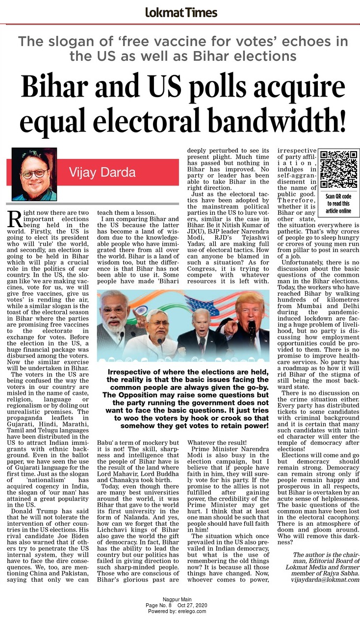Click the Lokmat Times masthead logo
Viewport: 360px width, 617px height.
pyautogui.click(x=181, y=12)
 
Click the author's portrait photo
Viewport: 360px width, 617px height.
pyautogui.click(x=34, y=174)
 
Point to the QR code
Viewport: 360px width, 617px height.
pyautogui.click(x=339, y=170)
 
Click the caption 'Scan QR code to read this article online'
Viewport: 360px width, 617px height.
pyautogui.click(x=339, y=204)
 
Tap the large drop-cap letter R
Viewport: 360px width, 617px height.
pyautogui.click(x=15, y=218)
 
